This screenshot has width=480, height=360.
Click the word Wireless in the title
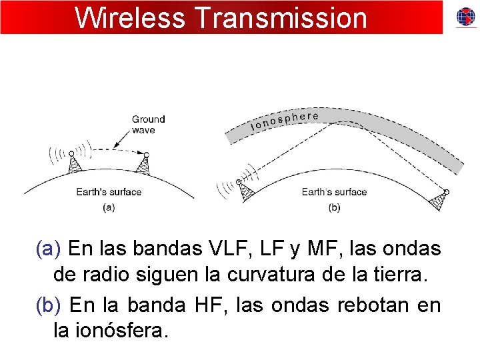[129, 18]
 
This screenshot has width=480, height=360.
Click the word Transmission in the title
[279, 18]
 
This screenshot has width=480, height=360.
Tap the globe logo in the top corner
[465, 17]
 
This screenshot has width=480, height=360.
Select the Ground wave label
[148, 125]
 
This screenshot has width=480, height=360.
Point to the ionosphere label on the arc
[284, 120]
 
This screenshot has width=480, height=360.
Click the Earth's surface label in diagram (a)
[109, 192]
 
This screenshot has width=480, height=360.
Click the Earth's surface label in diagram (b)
[334, 192]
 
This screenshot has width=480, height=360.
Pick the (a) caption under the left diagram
[109, 207]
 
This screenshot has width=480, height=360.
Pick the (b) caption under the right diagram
[334, 207]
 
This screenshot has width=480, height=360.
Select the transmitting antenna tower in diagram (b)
[245, 192]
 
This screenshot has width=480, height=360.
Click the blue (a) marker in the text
[49, 249]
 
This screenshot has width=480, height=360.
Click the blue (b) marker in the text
[49, 305]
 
